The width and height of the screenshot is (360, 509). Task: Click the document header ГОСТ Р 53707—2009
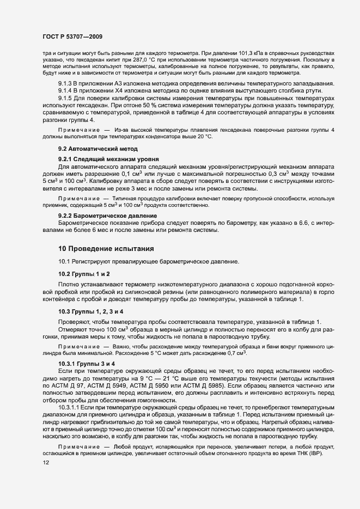[72, 36]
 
